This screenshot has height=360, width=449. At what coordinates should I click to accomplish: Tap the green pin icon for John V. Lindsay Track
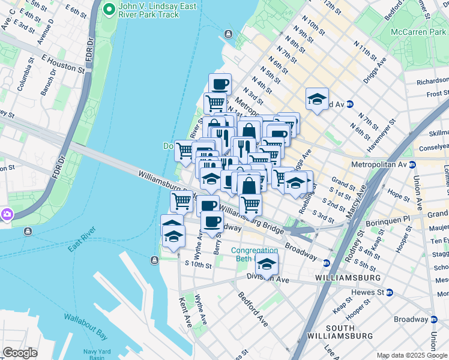109,8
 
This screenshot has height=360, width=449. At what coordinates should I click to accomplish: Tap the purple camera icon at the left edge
7,214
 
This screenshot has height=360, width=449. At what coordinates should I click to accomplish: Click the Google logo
20,353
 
